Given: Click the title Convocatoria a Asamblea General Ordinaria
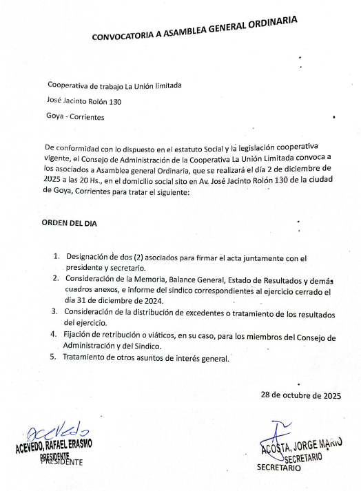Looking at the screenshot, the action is [195, 29].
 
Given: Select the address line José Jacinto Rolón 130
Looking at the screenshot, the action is [84, 101].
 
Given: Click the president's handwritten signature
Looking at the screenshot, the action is [54, 431].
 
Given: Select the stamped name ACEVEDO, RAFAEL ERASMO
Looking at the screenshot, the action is [54, 445].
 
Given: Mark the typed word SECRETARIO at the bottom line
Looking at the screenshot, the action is [279, 467].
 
